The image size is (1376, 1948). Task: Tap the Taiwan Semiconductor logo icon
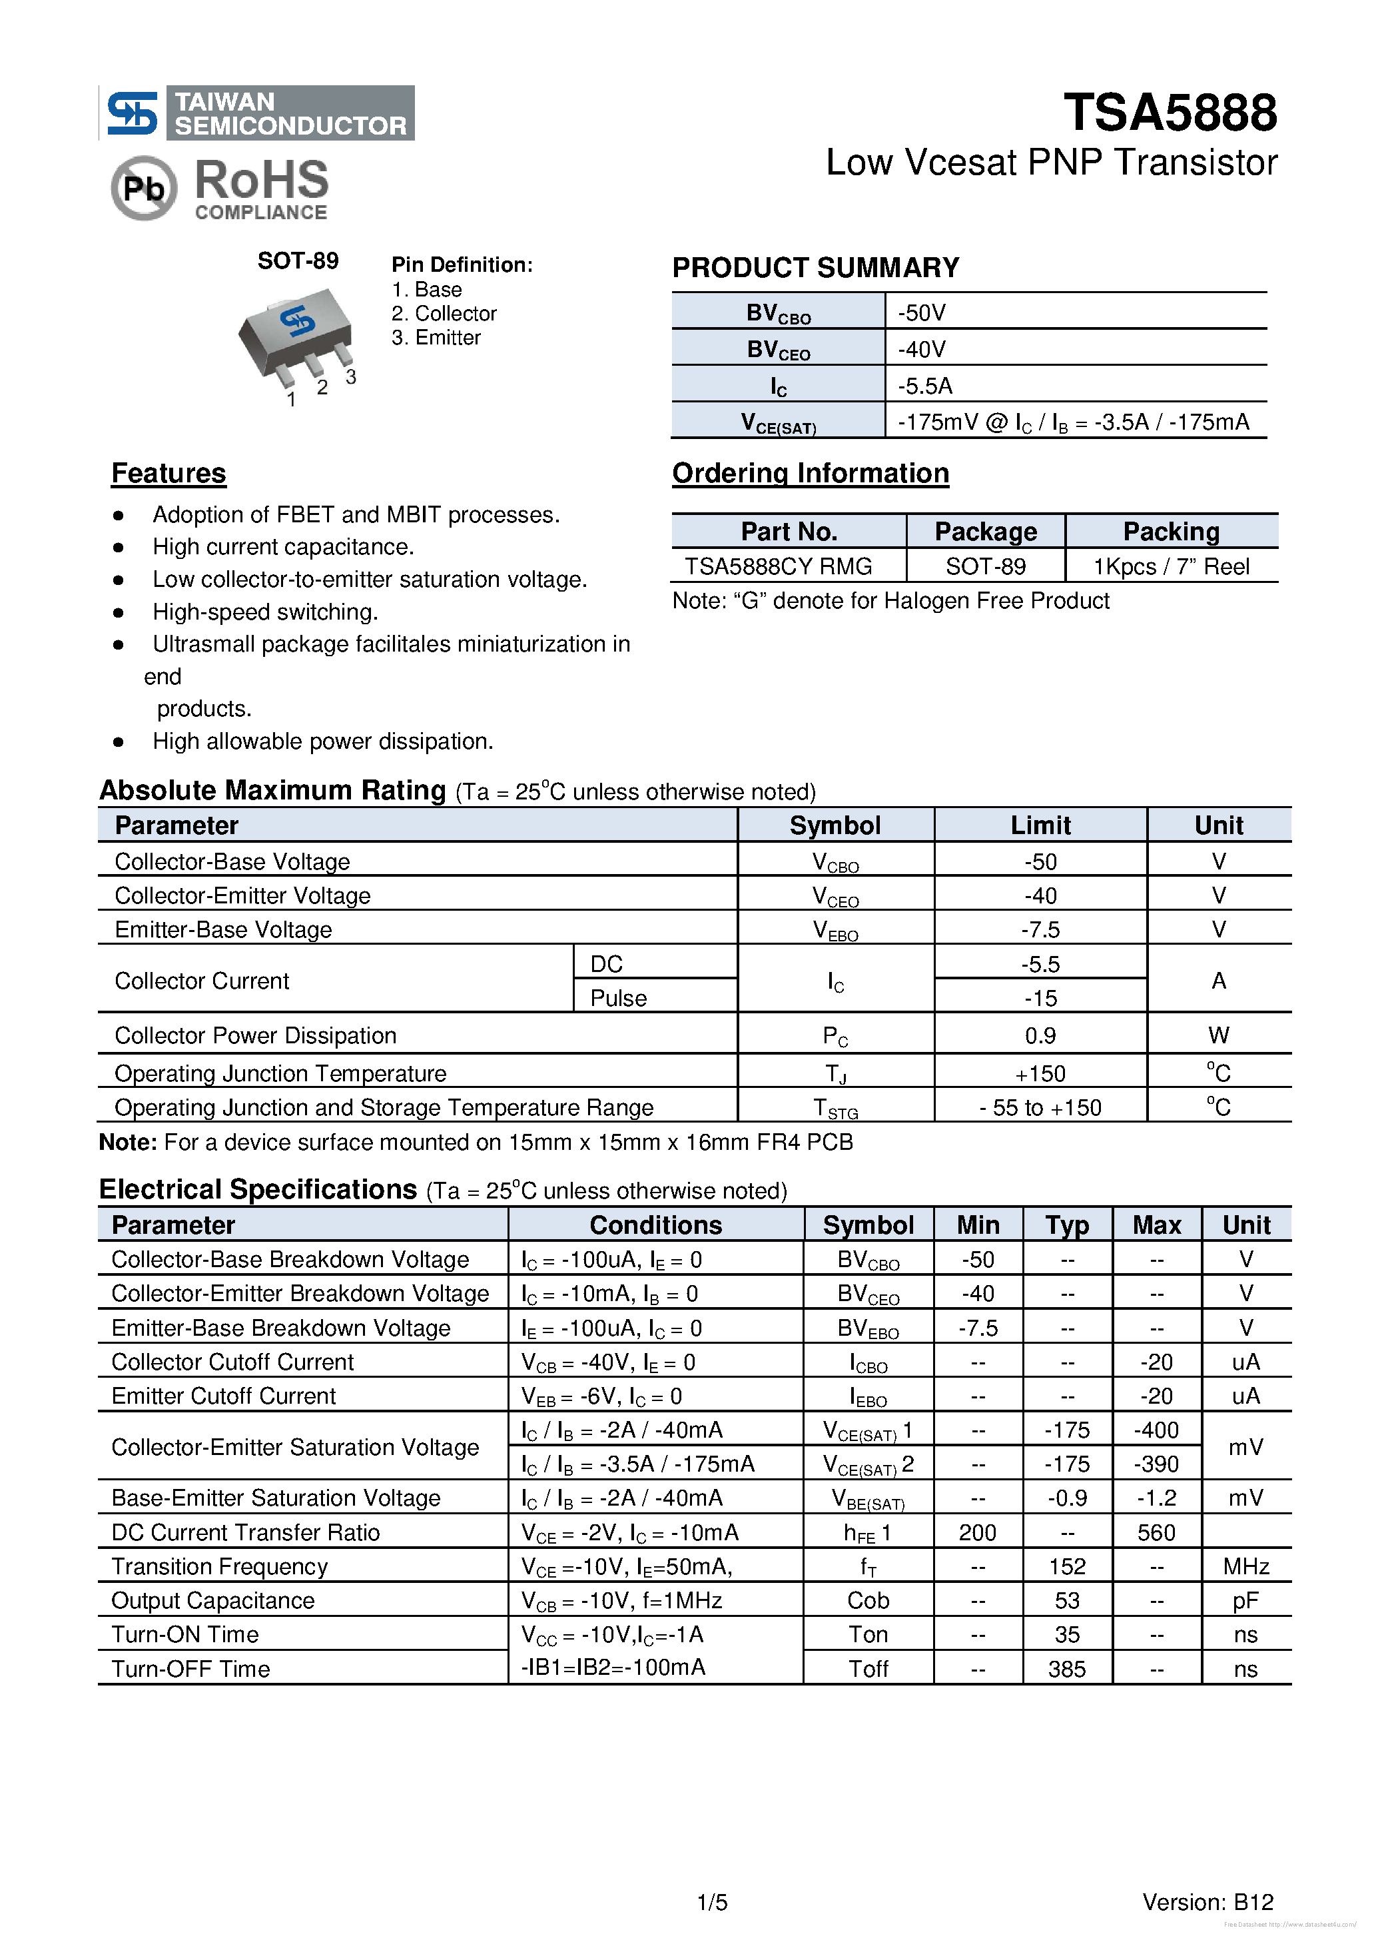click(131, 113)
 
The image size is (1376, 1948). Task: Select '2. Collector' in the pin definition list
click(444, 314)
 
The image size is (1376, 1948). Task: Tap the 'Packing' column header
click(1171, 531)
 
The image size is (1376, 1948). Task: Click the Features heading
click(169, 474)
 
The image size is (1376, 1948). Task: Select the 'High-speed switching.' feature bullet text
click(264, 612)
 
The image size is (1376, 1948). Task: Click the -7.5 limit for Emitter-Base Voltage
click(1040, 930)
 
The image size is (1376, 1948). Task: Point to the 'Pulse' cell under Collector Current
click(619, 998)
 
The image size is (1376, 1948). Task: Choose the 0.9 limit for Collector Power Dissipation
click(1040, 1035)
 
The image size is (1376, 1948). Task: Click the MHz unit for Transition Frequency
click(1245, 1566)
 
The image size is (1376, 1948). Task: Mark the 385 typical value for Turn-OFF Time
click(1066, 1669)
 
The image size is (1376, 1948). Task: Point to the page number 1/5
click(712, 1903)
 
